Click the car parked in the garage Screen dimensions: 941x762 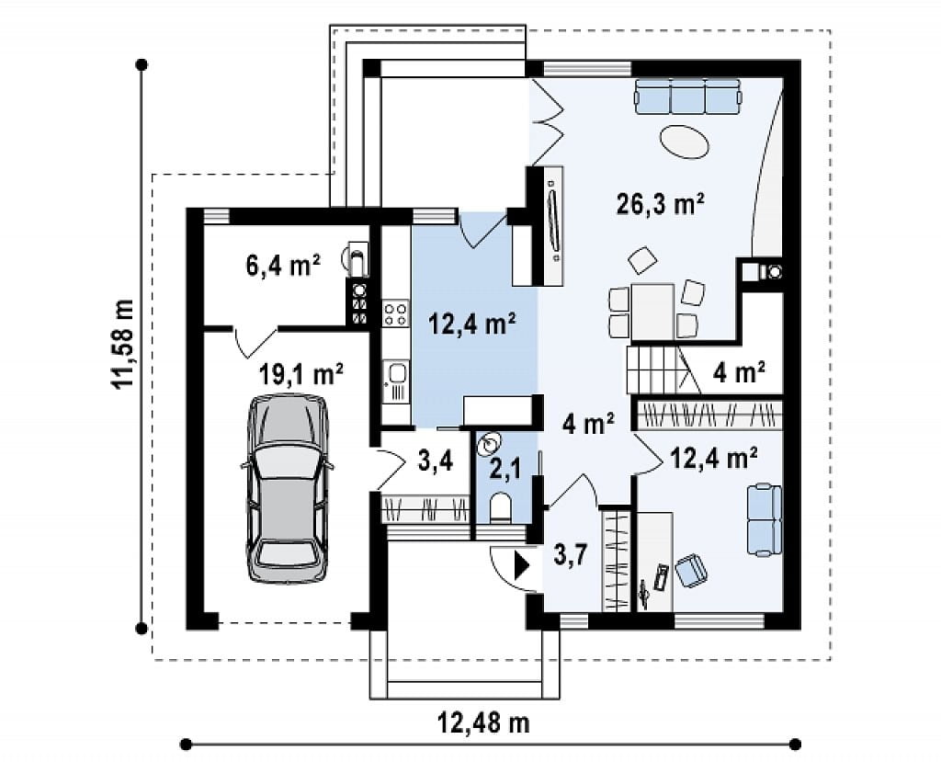(287, 488)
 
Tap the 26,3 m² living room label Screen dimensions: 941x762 (660, 204)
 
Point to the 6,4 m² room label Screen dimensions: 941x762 (283, 264)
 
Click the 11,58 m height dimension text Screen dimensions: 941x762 (123, 344)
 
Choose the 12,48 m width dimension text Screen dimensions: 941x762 (483, 722)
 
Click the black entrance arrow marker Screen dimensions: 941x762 (522, 565)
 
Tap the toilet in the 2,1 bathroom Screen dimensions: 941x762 (499, 508)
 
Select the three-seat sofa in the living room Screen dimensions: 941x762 (687, 97)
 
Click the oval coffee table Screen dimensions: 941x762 (685, 142)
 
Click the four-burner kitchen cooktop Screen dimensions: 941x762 (395, 314)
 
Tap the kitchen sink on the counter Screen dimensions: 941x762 (396, 374)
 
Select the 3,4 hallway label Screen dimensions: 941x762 (435, 461)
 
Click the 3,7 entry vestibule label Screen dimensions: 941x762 (570, 555)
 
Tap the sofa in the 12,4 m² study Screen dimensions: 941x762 (765, 519)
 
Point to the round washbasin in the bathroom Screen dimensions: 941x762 (488, 444)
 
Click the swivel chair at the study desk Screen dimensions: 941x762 (691, 570)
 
